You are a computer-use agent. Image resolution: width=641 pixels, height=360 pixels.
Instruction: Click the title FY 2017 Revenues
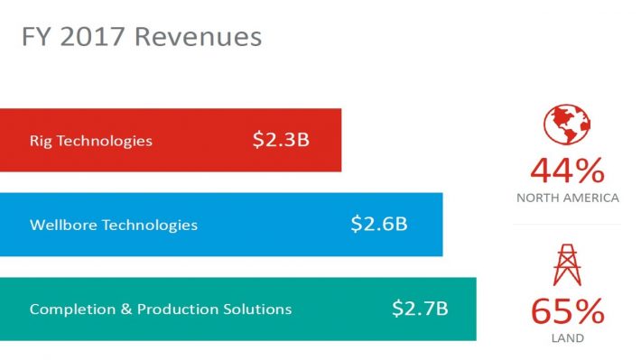[141, 37]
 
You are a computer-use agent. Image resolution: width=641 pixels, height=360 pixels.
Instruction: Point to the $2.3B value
[281, 140]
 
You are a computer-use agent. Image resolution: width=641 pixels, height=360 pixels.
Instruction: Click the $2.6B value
[379, 224]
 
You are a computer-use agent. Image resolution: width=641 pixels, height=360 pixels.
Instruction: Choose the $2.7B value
[420, 309]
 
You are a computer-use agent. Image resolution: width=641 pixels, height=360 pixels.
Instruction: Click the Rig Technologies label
[90, 141]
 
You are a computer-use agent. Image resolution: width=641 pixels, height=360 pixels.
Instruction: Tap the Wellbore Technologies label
[113, 225]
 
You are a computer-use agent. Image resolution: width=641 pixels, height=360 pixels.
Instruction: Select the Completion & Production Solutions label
[161, 309]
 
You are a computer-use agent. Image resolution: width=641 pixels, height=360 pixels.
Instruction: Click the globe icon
[566, 125]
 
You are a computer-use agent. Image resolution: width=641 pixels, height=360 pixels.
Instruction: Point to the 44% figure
[566, 171]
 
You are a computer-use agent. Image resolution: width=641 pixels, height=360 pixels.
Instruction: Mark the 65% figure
[567, 311]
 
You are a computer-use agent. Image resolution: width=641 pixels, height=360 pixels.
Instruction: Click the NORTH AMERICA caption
[567, 198]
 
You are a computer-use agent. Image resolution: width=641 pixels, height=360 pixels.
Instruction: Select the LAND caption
[567, 338]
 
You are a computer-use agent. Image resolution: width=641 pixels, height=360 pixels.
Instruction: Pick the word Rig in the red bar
[41, 141]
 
